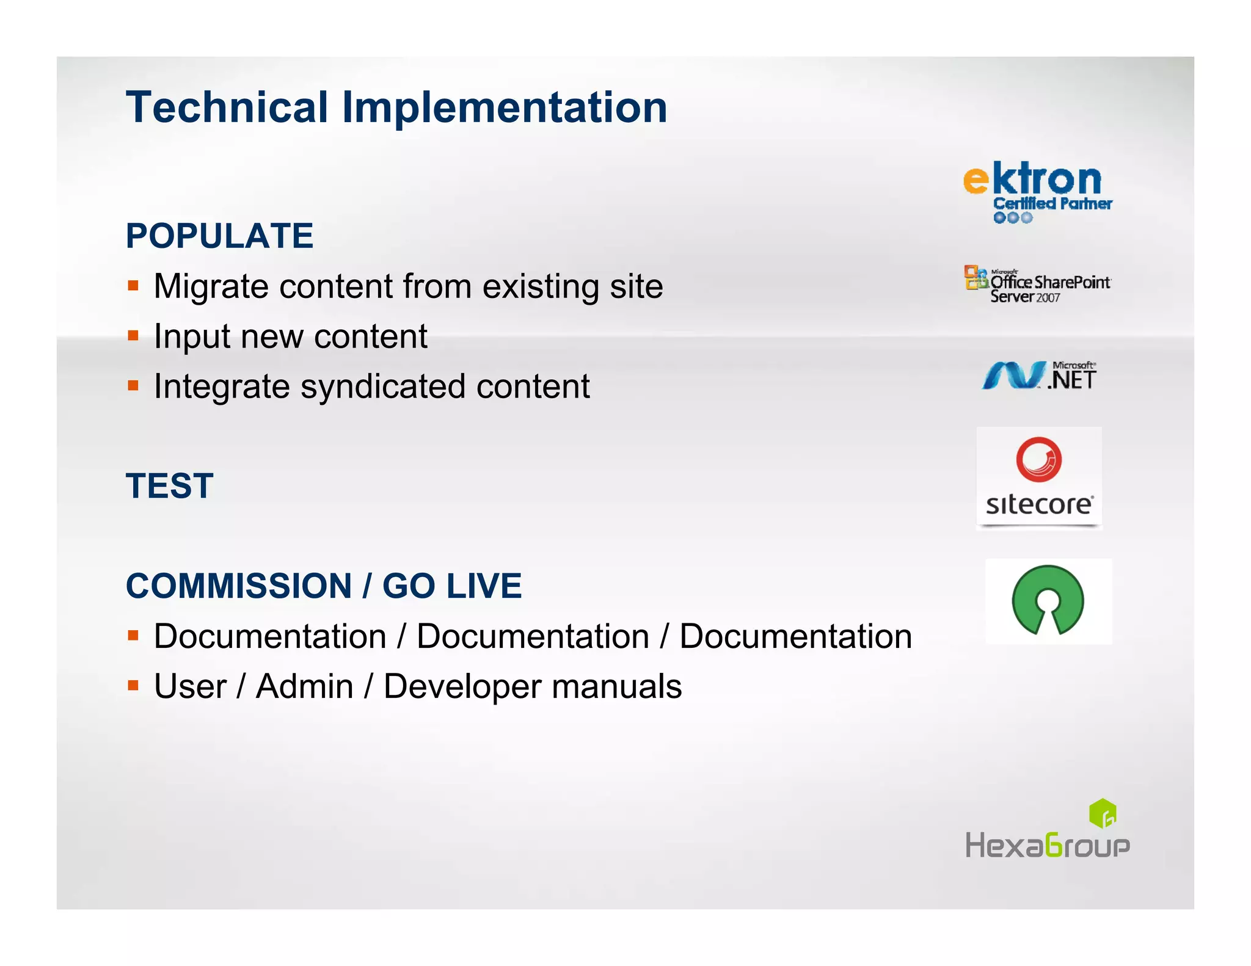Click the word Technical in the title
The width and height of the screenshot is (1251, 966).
[x=227, y=107]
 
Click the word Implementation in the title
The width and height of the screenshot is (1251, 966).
[x=505, y=107]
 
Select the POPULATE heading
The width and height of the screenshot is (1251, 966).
[x=219, y=236]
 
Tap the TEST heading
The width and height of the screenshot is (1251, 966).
[x=170, y=486]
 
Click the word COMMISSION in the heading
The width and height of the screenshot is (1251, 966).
[x=239, y=586]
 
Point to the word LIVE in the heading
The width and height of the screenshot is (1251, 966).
[x=484, y=586]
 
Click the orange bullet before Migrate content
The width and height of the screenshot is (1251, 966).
[x=133, y=285]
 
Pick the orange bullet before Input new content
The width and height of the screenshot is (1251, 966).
[x=133, y=335]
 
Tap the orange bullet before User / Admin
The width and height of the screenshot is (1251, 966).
[x=133, y=685]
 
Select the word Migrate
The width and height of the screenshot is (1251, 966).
[x=211, y=286]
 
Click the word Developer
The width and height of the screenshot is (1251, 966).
[x=462, y=686]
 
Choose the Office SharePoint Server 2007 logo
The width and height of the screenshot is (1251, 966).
[x=1038, y=285]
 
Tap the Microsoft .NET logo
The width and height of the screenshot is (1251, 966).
[x=1039, y=376]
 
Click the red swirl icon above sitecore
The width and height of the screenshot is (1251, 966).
[x=1038, y=459]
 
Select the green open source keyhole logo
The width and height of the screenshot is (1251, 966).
[x=1048, y=600]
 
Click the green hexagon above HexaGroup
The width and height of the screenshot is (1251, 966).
[x=1103, y=813]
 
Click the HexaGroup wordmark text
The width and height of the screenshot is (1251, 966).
[x=1047, y=846]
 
